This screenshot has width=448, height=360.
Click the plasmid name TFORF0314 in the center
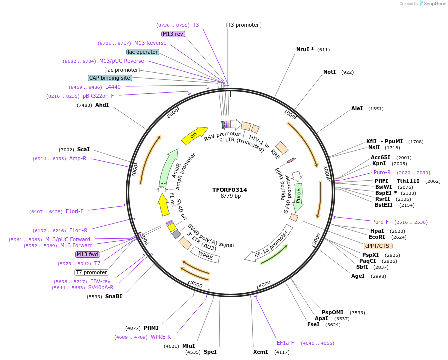229,190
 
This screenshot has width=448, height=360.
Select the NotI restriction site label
329,72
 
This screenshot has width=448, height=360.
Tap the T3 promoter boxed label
243,25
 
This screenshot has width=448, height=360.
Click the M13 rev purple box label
173,34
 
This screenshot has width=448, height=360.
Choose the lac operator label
143,52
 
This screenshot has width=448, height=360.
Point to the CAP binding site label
110,78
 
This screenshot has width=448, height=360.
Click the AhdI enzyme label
102,105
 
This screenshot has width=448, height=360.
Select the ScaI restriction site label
83,149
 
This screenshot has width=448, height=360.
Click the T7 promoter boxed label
91,272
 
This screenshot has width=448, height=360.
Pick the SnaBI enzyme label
113,296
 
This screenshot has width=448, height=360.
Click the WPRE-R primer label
161,337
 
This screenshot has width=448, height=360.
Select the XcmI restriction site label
260,352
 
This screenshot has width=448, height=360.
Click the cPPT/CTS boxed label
377,246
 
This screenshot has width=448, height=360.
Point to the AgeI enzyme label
358,276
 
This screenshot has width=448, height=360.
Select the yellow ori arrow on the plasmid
194,135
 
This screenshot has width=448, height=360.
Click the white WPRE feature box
205,253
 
